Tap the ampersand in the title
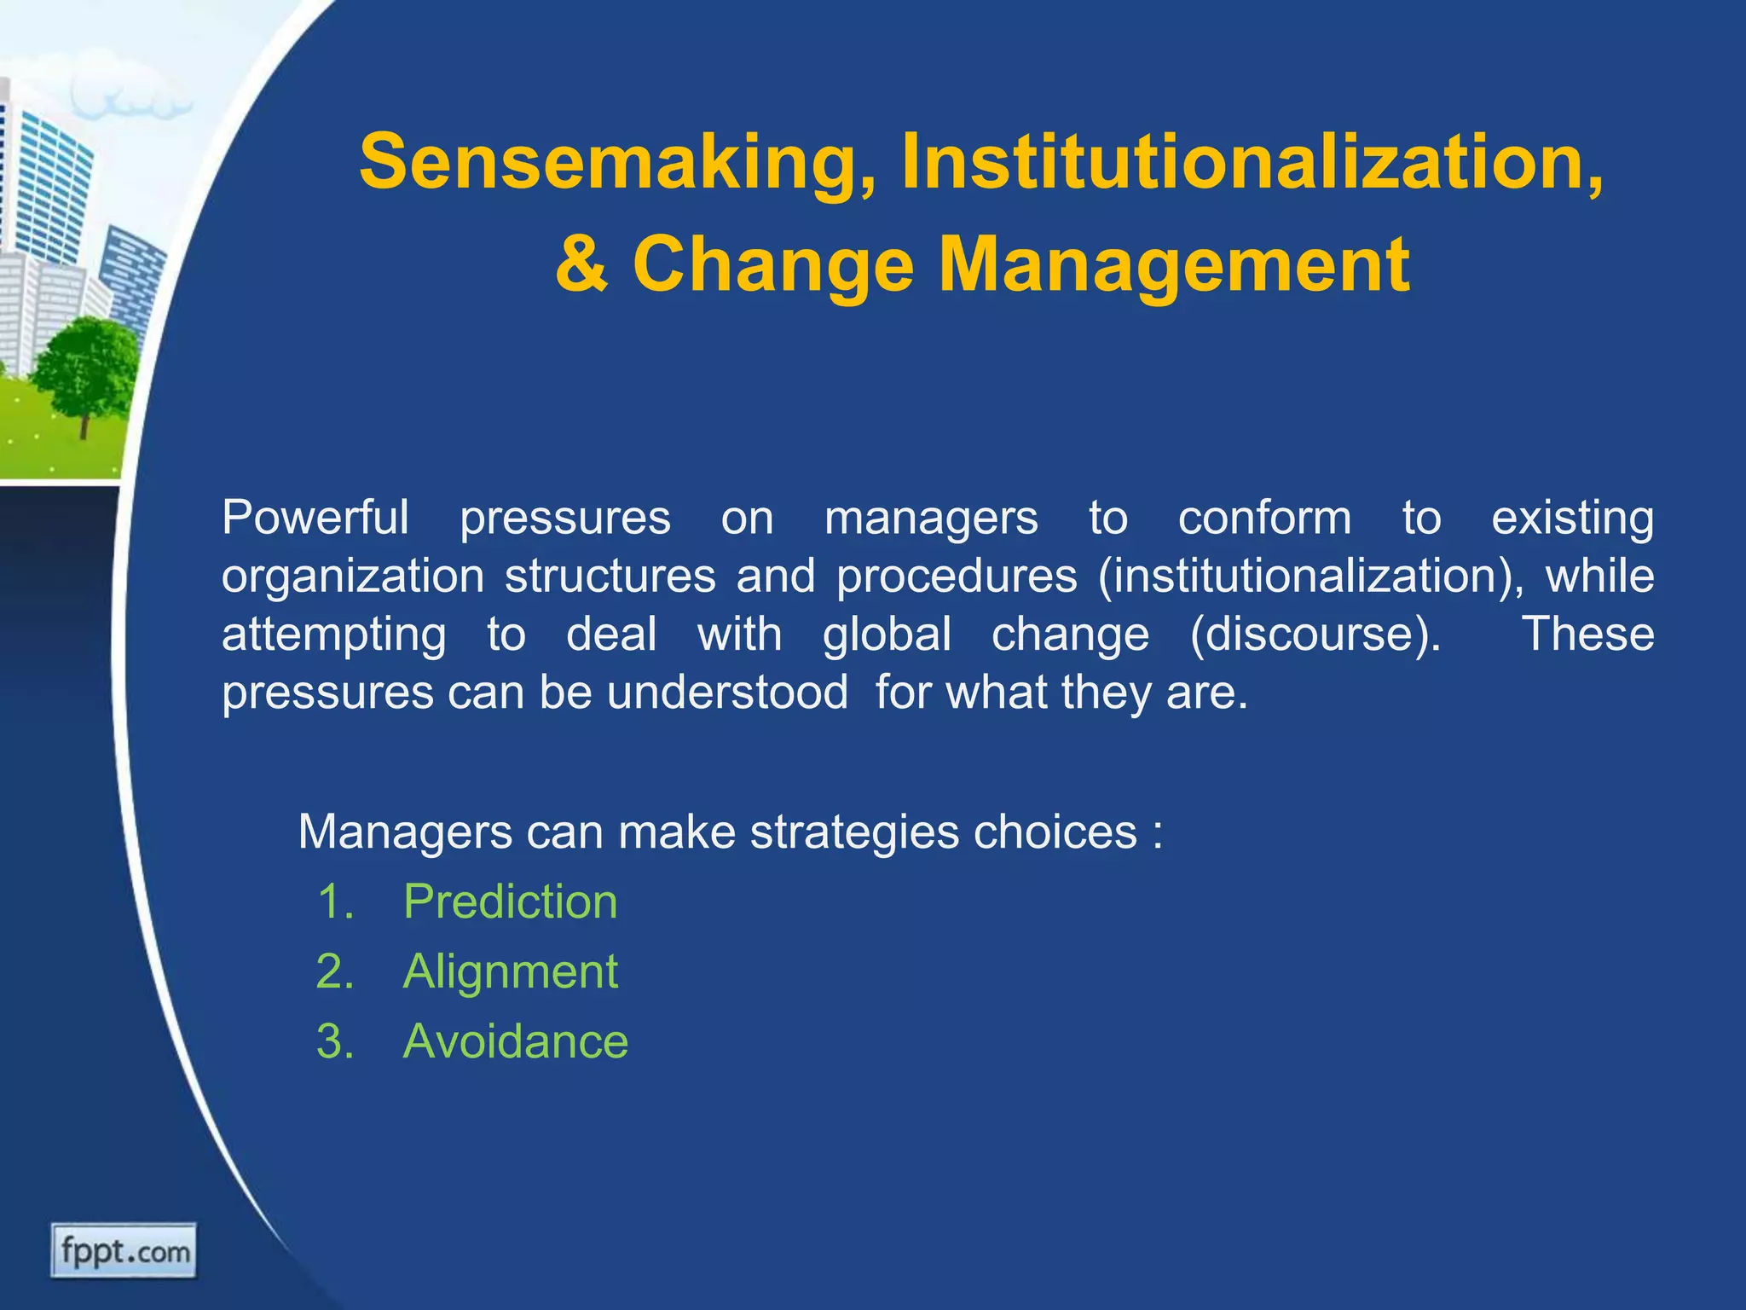(x=582, y=264)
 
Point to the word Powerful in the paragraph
(x=315, y=518)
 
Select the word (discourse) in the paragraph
(x=1315, y=635)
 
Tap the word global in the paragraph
(x=887, y=635)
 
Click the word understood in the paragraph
(x=727, y=692)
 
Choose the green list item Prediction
(x=510, y=901)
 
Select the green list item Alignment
(x=510, y=971)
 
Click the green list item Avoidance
(x=515, y=1041)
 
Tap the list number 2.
(x=334, y=971)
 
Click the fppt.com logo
(x=124, y=1251)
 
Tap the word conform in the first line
(x=1264, y=518)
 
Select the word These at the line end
(x=1587, y=635)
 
